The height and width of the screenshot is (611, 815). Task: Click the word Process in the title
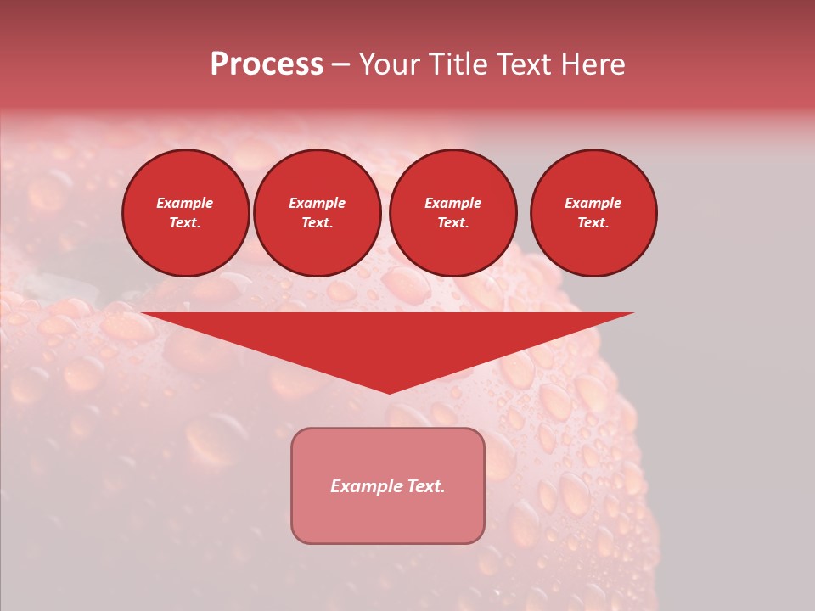pos(267,64)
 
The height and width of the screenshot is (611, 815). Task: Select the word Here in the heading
pos(591,64)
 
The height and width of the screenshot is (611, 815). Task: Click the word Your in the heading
pos(388,64)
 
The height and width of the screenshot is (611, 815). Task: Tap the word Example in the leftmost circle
pos(185,203)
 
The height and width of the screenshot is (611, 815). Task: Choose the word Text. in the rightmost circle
pos(593,222)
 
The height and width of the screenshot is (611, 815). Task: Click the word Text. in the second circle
pos(318,222)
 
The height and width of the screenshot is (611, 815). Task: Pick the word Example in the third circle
pos(453,203)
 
